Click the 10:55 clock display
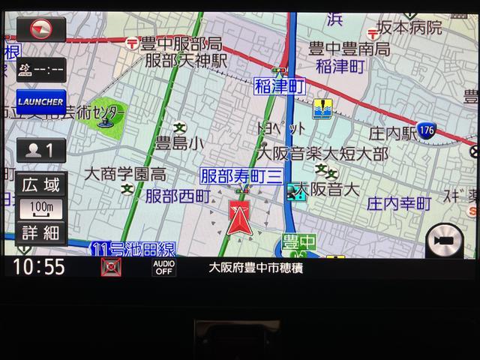coord(38,267)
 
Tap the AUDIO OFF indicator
coord(164,267)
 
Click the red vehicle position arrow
coord(241,218)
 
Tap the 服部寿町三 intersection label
coord(240,176)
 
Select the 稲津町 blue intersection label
coord(279,86)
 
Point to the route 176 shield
coord(427,129)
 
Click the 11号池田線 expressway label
coord(132,248)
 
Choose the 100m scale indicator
coord(41,207)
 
